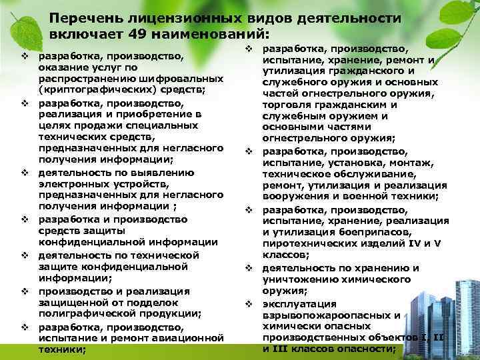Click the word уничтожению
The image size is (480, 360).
point(301,279)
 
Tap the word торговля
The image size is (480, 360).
point(287,104)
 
